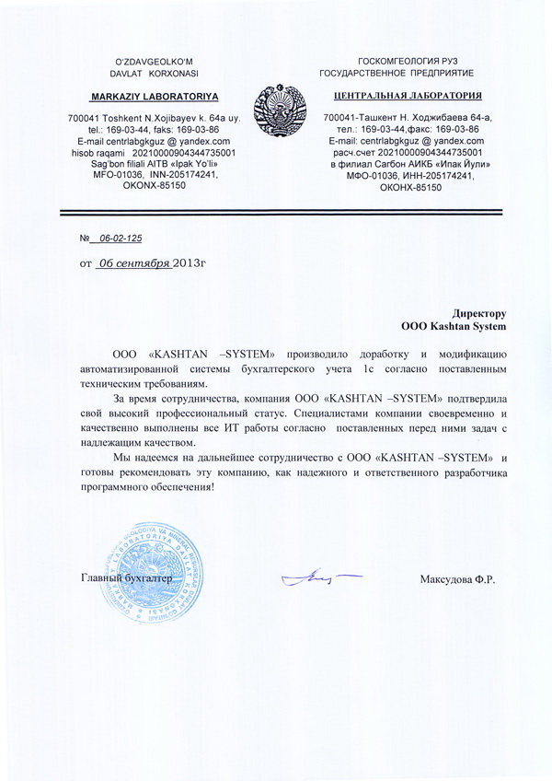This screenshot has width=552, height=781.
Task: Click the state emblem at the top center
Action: pyautogui.click(x=275, y=109)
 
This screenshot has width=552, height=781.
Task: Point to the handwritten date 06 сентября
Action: pyautogui.click(x=135, y=262)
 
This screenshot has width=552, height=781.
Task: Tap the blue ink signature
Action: pyautogui.click(x=318, y=578)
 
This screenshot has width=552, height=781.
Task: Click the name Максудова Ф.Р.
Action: pyautogui.click(x=457, y=579)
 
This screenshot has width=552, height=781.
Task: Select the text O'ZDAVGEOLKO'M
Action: pyautogui.click(x=147, y=60)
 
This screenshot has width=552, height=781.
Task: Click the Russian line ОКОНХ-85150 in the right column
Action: pyautogui.click(x=410, y=187)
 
